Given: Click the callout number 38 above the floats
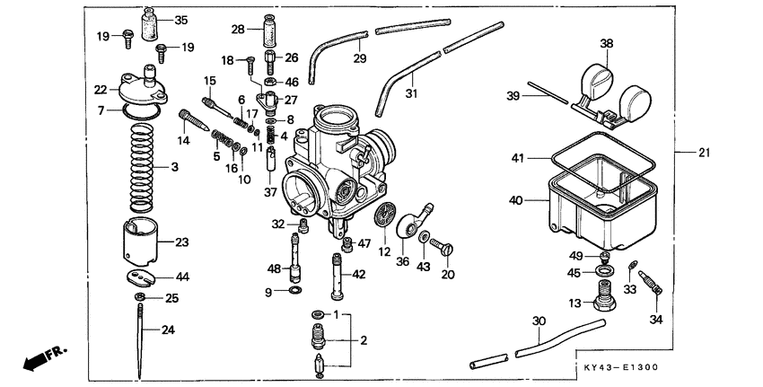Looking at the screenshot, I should (607, 43).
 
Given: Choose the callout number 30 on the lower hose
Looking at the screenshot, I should (538, 321).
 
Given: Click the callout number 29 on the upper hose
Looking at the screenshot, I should (360, 58).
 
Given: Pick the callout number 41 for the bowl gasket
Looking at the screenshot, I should (517, 158).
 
